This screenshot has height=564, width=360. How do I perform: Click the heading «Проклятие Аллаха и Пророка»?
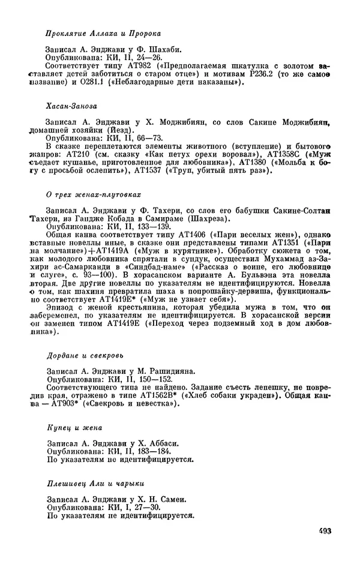click(x=103, y=34)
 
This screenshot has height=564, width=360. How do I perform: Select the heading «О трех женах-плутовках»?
click(x=94, y=195)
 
